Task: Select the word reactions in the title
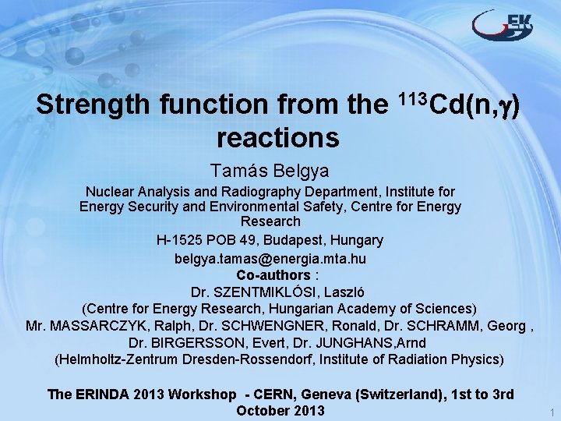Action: (278, 138)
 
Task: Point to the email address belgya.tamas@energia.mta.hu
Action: (270, 258)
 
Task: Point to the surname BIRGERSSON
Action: (193, 343)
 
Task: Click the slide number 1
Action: (551, 412)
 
